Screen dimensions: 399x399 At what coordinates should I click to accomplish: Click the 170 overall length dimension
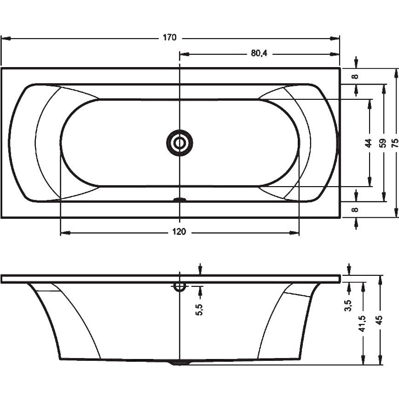click(169, 38)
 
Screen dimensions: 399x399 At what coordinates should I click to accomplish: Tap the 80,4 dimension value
click(259, 53)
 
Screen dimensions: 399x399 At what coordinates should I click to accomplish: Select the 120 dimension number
click(179, 232)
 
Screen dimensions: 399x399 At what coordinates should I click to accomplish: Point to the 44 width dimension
click(369, 143)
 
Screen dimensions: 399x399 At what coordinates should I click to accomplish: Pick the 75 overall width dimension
click(395, 143)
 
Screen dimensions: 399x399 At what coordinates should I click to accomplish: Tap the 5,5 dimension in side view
click(200, 310)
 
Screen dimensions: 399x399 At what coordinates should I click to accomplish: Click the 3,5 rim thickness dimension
click(348, 305)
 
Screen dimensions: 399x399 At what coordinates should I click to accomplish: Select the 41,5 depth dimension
click(362, 324)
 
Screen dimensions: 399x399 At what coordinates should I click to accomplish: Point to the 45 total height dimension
click(379, 320)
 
